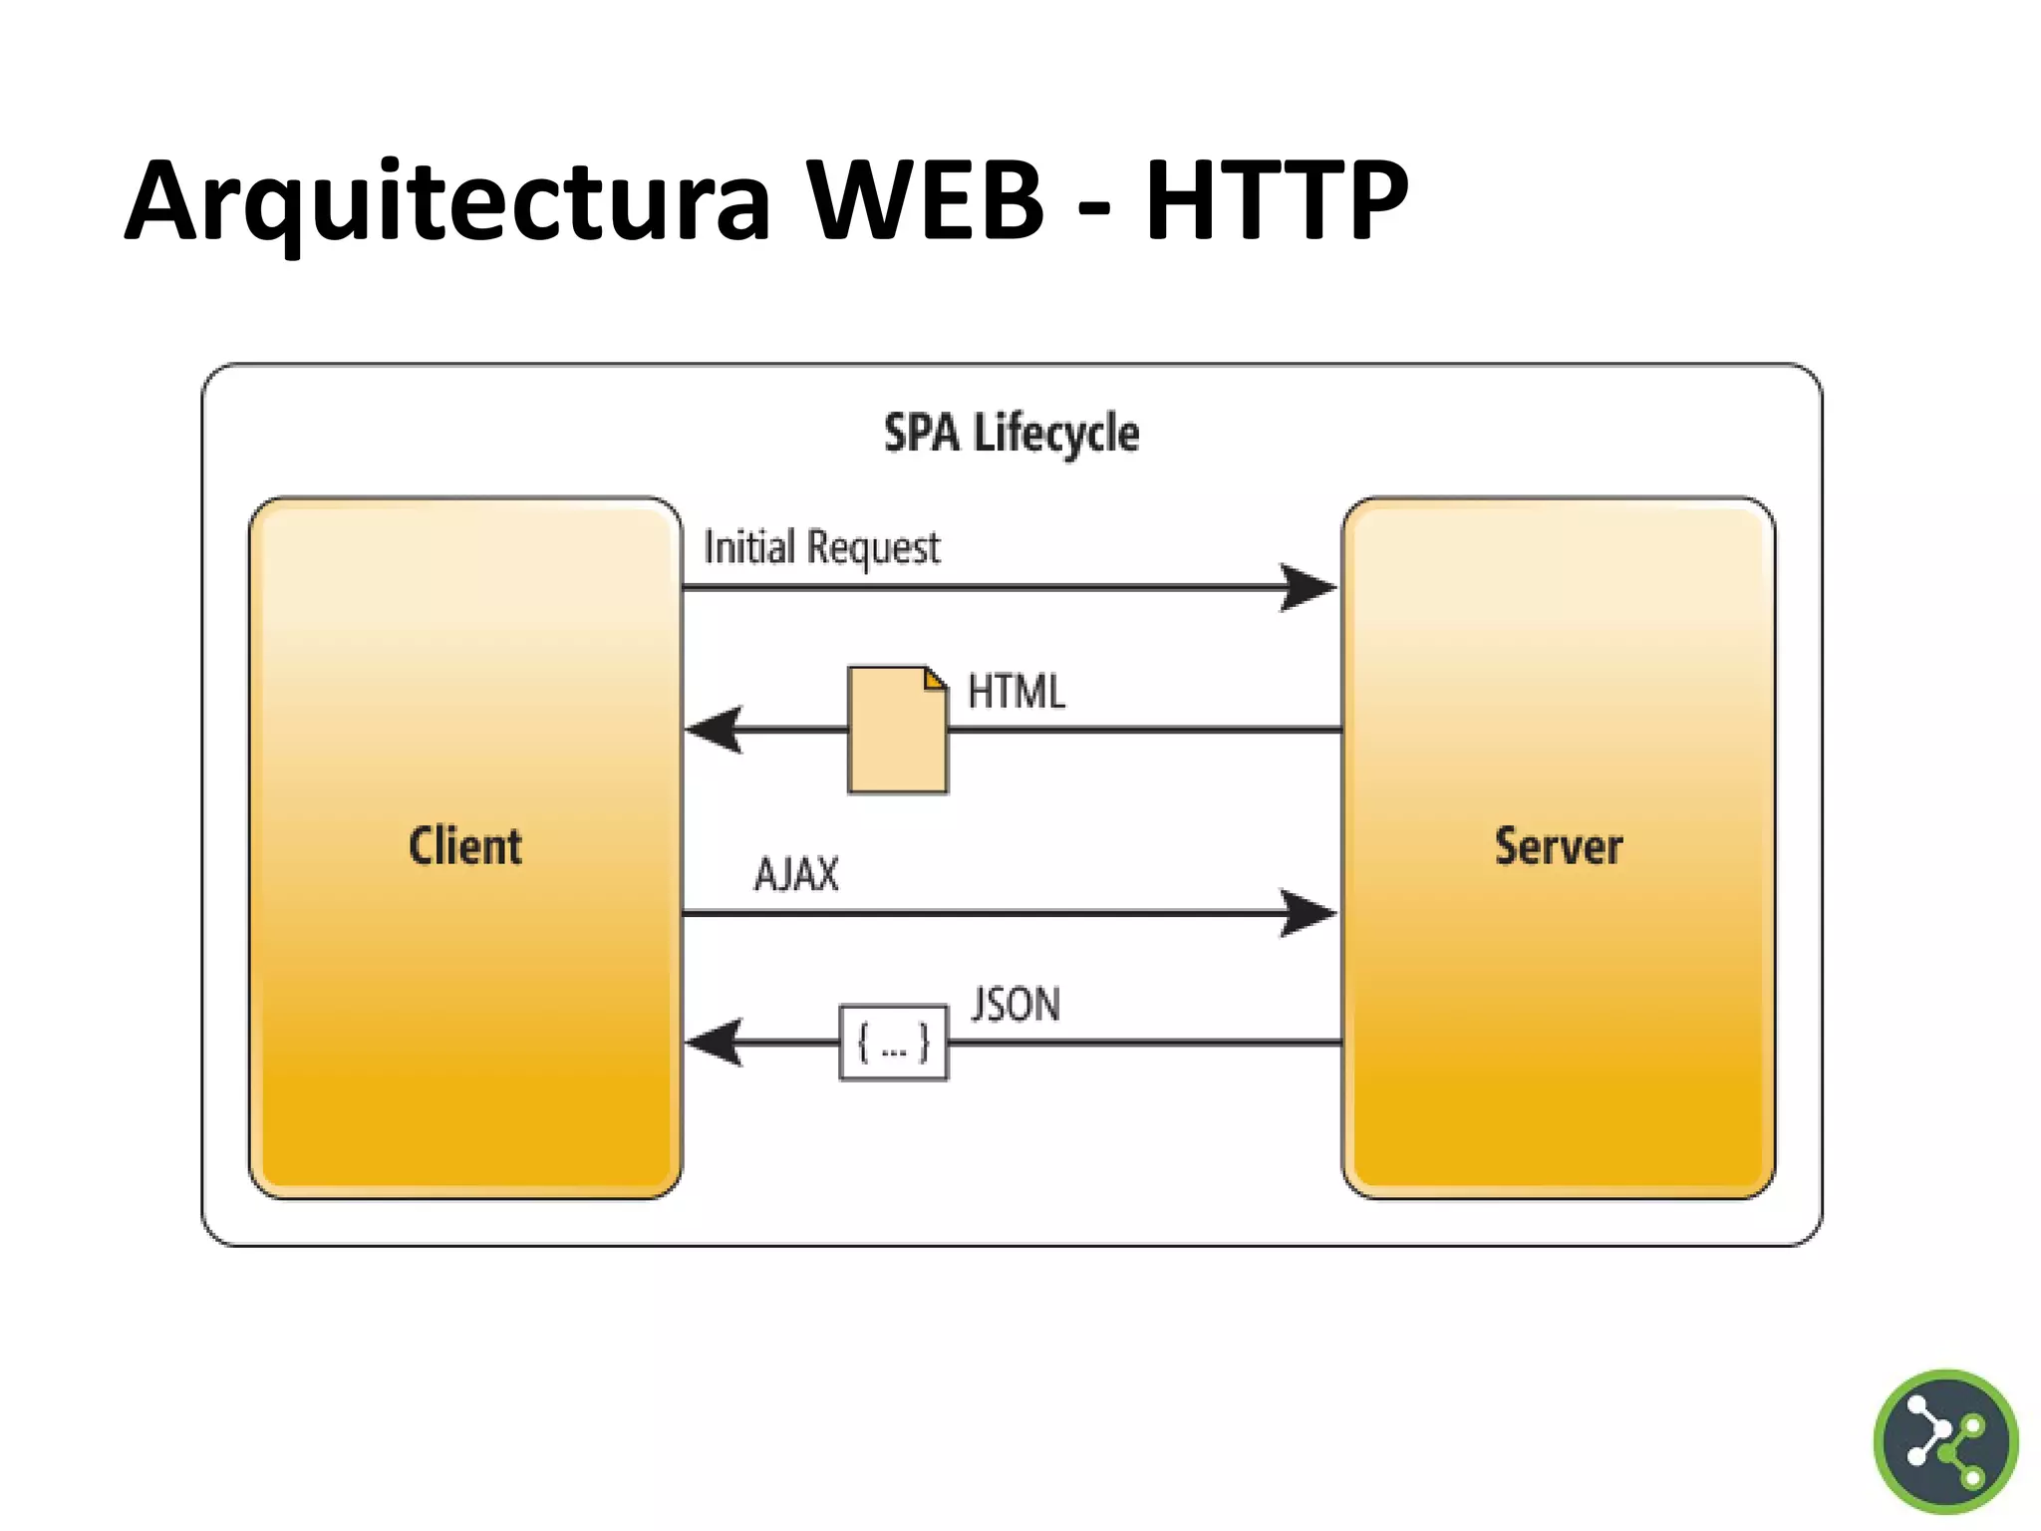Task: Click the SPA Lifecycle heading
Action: coord(1012,434)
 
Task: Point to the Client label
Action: coord(465,846)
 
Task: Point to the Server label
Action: coord(1559,846)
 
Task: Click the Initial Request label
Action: coord(821,547)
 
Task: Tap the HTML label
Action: coord(1017,691)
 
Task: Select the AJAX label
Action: coord(796,874)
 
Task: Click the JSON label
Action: coord(1016,1004)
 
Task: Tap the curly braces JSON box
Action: coord(894,1043)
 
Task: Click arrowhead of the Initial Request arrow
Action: coord(1308,587)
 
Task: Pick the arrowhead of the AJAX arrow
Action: coord(1308,913)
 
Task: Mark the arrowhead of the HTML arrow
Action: coord(716,731)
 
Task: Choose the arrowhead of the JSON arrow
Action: coord(716,1043)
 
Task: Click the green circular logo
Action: coord(1945,1441)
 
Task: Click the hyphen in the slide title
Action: coord(1093,209)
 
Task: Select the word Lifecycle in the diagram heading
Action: coord(1056,434)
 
